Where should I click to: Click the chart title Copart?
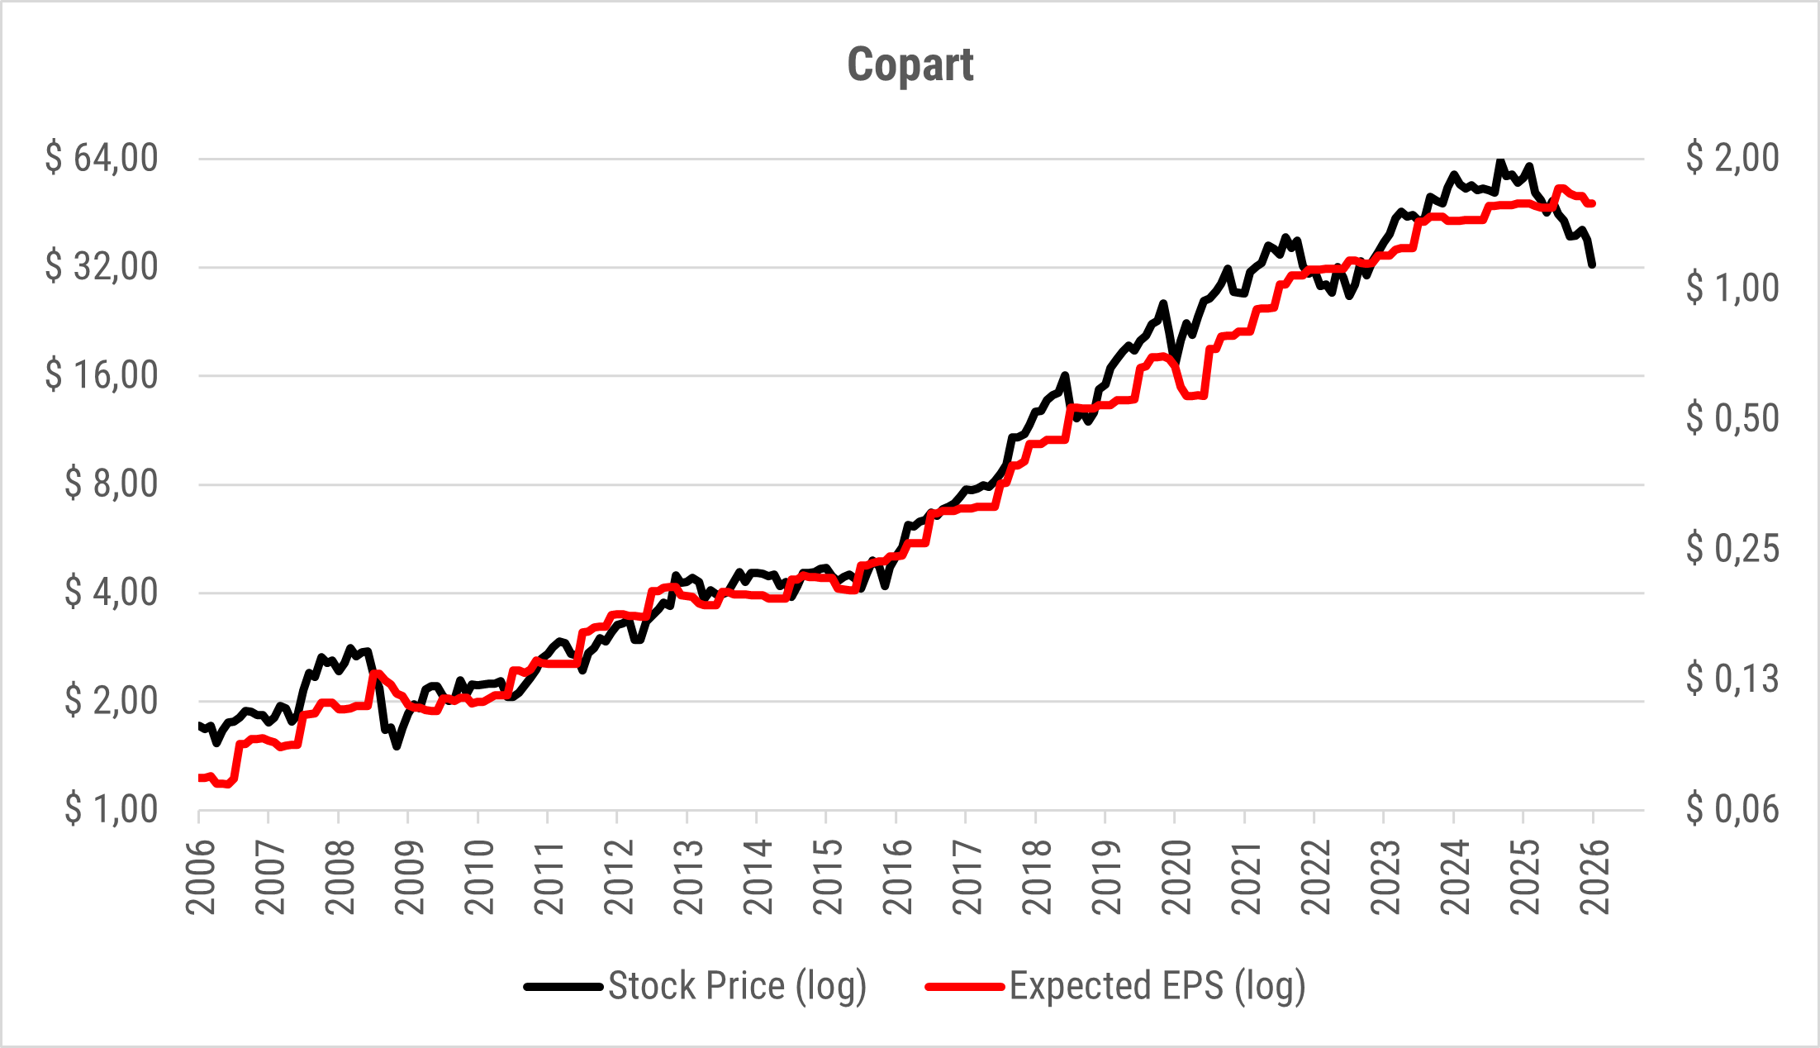(x=910, y=64)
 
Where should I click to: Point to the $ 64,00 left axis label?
(x=102, y=157)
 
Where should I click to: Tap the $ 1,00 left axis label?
(x=111, y=808)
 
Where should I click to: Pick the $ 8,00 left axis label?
(x=111, y=483)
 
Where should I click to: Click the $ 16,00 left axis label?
(x=102, y=374)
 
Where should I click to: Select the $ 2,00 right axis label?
(x=1732, y=157)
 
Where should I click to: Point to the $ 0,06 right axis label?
(x=1732, y=808)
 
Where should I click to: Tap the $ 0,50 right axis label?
(x=1732, y=417)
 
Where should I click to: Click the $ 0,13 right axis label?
(x=1732, y=679)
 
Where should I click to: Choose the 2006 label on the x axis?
(x=201, y=877)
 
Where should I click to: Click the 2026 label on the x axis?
(x=1594, y=877)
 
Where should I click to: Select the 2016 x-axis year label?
(x=897, y=877)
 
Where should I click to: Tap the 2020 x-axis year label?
(x=1176, y=877)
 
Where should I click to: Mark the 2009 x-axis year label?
(x=410, y=877)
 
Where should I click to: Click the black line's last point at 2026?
(x=1593, y=264)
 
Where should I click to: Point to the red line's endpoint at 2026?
(x=1593, y=203)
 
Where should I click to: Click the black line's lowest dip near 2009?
(x=397, y=746)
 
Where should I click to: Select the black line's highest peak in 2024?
(x=1500, y=162)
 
